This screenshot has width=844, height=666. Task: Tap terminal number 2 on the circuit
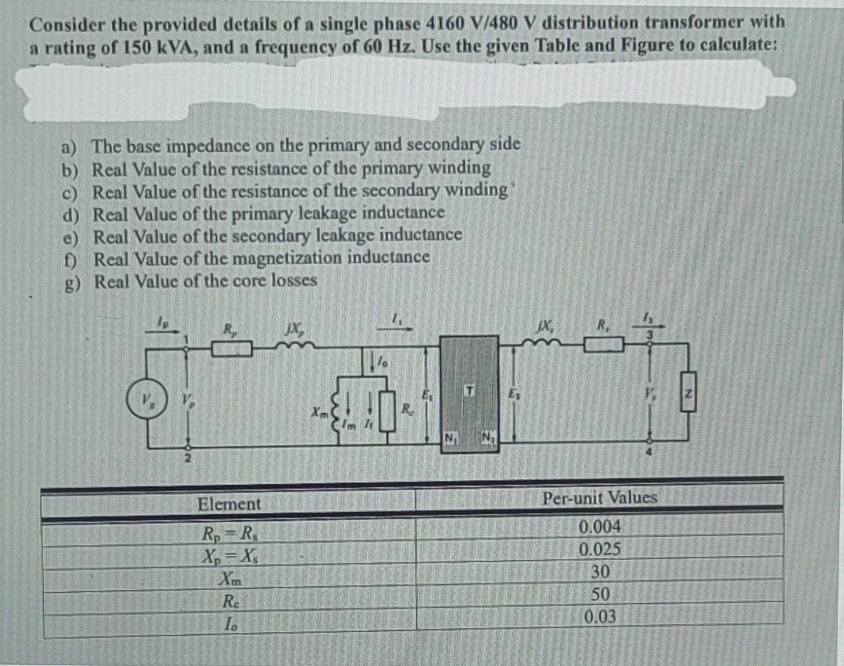pos(188,460)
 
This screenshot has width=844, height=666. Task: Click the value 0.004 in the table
pos(600,527)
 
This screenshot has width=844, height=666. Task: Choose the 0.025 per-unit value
pos(600,549)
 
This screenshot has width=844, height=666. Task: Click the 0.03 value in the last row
pos(600,617)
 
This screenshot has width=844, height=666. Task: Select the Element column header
pos(229,504)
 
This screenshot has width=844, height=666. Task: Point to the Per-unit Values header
pos(600,498)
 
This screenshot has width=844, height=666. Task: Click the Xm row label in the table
pos(230,580)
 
